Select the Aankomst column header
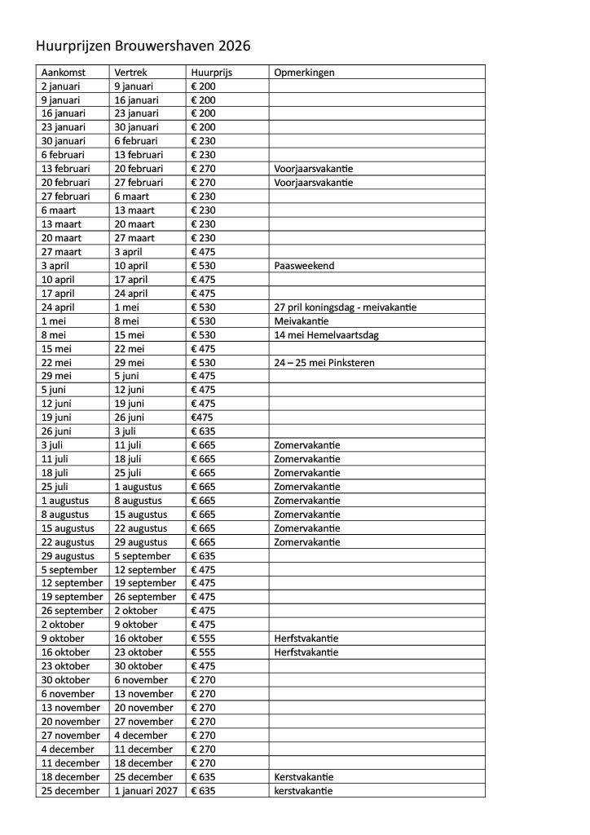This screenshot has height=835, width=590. (x=63, y=72)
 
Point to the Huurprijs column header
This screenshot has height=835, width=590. (x=211, y=72)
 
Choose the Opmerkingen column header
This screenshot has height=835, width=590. (x=304, y=72)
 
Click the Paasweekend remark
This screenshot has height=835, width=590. (x=304, y=266)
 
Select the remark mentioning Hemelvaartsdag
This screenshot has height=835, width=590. (x=326, y=335)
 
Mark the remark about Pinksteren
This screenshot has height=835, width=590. (x=324, y=363)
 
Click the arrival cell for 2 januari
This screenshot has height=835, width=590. (x=60, y=86)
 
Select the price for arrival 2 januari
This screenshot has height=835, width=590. (x=203, y=86)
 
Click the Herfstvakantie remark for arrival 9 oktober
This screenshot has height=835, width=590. (x=306, y=638)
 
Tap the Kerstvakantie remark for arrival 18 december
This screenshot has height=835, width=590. (x=304, y=777)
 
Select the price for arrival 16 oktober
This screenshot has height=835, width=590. (x=203, y=652)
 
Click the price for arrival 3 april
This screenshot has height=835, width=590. (x=203, y=266)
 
